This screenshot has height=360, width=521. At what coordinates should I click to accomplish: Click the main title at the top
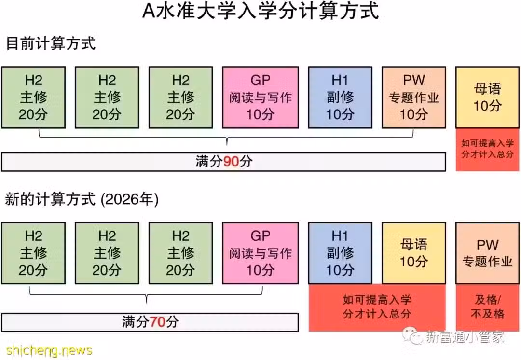tap(261, 11)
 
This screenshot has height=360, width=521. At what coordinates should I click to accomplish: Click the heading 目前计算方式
tap(51, 43)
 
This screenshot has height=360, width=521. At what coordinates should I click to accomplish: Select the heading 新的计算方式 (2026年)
tap(82, 199)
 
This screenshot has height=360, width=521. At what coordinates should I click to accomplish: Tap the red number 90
tap(231, 162)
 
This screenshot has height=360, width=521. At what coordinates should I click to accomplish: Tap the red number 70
tap(158, 322)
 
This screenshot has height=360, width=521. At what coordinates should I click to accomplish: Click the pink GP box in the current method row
tap(260, 97)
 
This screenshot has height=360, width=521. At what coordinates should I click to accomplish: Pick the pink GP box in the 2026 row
tap(260, 253)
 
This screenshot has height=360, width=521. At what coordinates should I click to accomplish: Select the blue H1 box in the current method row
tap(340, 97)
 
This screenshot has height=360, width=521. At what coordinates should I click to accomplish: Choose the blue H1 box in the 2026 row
tap(340, 253)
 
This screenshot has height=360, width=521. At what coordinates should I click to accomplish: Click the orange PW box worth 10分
tap(414, 97)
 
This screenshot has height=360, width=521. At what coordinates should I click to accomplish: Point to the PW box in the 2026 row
tap(487, 253)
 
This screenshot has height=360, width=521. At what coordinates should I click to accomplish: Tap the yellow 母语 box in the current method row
tap(487, 97)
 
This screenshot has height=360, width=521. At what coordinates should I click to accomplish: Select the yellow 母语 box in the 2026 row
tap(414, 253)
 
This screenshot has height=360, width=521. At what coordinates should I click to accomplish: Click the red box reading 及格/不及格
tap(487, 307)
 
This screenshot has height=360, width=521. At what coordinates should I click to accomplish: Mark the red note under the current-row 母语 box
tap(487, 150)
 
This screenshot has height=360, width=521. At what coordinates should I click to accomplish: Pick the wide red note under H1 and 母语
tap(377, 307)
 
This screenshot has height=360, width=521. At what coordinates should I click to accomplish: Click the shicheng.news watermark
tap(49, 350)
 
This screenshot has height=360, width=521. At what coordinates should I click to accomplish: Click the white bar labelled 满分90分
tap(224, 162)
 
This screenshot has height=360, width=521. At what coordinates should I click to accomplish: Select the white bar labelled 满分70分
tap(150, 322)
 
